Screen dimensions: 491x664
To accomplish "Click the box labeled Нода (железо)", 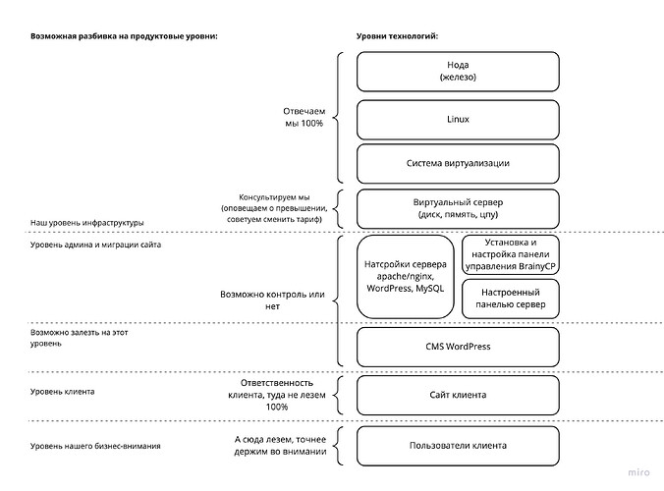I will tap(458, 72).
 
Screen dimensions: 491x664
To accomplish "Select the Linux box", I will tap(458, 119).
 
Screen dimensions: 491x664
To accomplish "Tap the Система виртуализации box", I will tap(458, 163).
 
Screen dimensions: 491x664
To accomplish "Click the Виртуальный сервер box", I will tap(458, 207).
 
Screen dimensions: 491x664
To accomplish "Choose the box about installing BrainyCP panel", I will tap(510, 253).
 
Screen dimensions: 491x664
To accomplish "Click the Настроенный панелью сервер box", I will tap(510, 299).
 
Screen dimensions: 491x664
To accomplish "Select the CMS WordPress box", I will tap(458, 346).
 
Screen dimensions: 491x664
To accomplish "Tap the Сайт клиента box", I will tap(458, 395).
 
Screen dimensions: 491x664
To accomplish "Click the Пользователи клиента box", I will tap(458, 445).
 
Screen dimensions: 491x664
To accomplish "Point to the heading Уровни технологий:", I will tap(397, 36).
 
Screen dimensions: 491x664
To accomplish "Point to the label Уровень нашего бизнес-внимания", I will tap(95, 447).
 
